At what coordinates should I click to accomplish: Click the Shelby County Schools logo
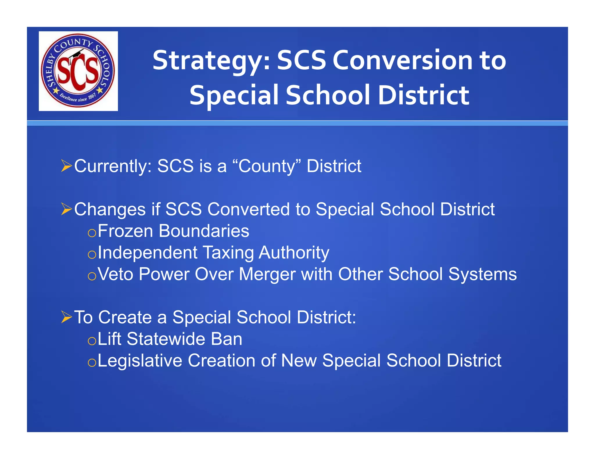click(78, 71)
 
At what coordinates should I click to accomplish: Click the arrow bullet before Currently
click(67, 166)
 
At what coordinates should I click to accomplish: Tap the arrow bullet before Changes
click(67, 209)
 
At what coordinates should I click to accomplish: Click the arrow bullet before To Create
click(67, 317)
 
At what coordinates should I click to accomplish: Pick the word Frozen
click(125, 231)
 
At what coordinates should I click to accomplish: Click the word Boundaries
click(204, 231)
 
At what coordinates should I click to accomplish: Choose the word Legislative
click(140, 361)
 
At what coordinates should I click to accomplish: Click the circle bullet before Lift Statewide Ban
click(92, 341)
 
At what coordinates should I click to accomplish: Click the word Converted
click(249, 209)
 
